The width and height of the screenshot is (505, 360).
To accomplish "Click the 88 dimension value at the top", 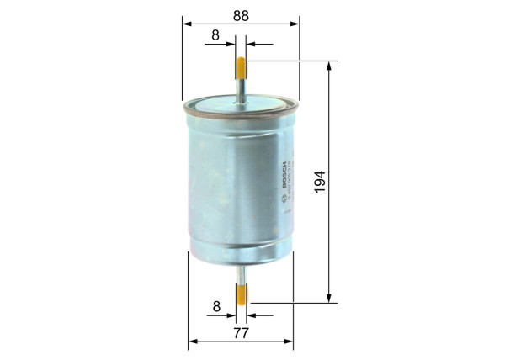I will [240, 14].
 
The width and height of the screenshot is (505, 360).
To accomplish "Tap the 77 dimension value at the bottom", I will [241, 333].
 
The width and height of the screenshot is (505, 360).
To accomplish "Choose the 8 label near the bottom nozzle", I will [216, 307].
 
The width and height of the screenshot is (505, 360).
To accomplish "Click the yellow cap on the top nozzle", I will [242, 65].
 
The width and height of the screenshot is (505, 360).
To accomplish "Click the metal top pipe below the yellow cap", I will [242, 88].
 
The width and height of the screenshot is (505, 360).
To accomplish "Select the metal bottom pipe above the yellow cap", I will [242, 273].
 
